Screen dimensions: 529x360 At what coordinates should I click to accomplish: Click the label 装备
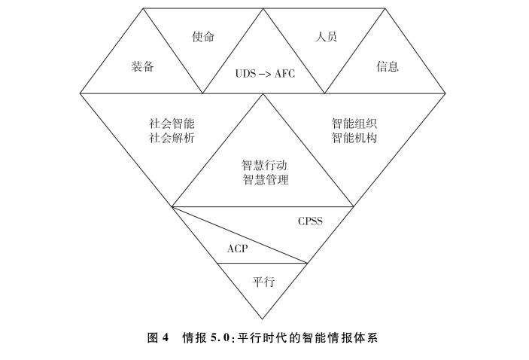pos(142,66)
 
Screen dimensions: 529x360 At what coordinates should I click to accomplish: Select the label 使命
pos(203,36)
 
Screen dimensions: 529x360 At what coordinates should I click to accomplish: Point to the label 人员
pos(324,36)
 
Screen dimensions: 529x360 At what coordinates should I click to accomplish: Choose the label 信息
pos(388,66)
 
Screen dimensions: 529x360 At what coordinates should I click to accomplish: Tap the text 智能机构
pos(354,138)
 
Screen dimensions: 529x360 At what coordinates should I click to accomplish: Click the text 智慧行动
pos(265,165)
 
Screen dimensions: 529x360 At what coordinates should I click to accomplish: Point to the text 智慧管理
pos(265,180)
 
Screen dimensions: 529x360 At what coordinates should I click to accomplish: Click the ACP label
pos(238,248)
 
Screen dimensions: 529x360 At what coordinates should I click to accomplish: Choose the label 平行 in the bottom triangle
pos(263,282)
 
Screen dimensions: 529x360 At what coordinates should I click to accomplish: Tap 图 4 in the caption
pos(157,338)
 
